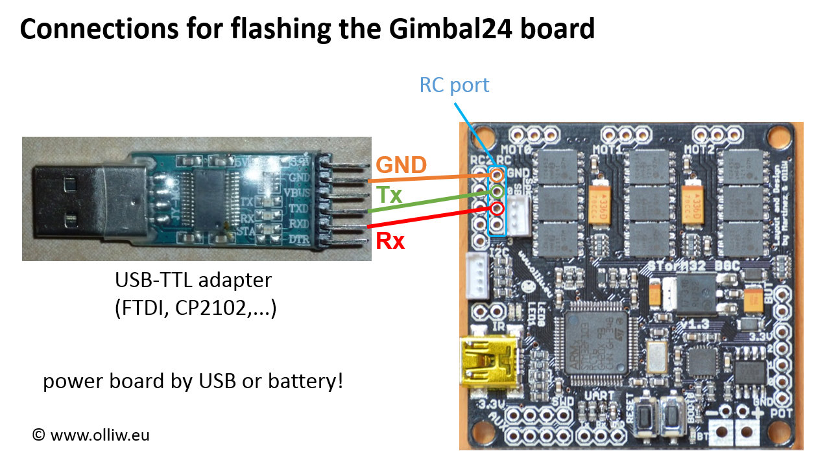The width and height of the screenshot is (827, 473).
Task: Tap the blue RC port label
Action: pos(454,85)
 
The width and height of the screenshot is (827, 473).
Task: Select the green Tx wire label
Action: pos(390,195)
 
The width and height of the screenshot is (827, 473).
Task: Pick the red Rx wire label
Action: pos(390,241)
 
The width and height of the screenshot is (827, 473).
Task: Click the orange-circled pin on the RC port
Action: pos(497,174)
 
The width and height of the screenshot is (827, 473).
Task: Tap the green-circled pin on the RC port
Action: pos(497,191)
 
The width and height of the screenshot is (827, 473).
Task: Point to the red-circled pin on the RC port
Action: pos(497,209)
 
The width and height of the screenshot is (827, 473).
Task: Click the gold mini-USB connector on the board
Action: pos(485,362)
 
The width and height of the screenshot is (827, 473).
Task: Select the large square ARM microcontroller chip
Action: pos(596,343)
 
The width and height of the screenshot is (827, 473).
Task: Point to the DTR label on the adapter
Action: pos(298,240)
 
